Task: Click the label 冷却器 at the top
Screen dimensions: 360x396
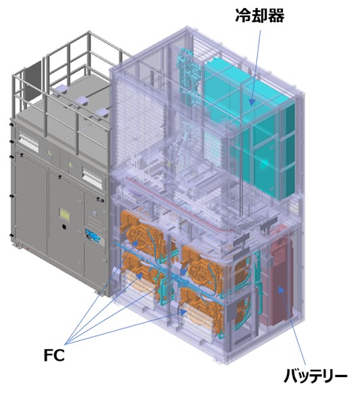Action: pyautogui.click(x=260, y=16)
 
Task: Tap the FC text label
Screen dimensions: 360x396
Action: pyautogui.click(x=54, y=355)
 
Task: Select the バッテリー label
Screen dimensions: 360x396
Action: pyautogui.click(x=315, y=376)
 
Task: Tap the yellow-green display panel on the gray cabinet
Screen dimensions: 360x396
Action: pyautogui.click(x=64, y=214)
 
